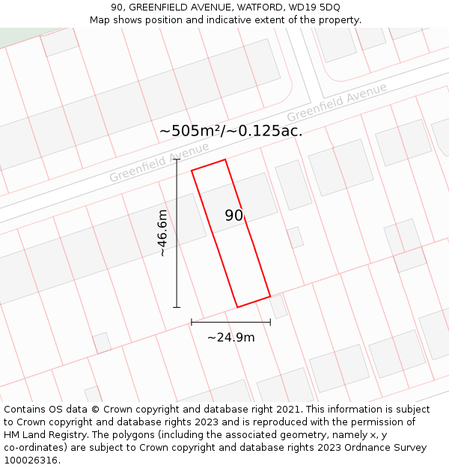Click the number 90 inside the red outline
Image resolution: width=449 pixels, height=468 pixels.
(x=234, y=216)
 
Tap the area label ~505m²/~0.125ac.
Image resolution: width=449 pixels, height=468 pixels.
(x=230, y=130)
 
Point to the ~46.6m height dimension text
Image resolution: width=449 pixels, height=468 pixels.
(x=162, y=234)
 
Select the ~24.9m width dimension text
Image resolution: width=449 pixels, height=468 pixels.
(x=230, y=337)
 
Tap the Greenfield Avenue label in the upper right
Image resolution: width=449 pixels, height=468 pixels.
(x=337, y=103)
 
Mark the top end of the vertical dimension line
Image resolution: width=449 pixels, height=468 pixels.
(x=177, y=159)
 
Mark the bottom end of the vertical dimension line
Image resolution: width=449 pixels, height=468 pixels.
(x=177, y=307)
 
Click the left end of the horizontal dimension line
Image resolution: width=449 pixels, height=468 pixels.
(x=192, y=322)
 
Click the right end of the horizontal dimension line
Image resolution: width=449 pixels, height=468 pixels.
(x=270, y=322)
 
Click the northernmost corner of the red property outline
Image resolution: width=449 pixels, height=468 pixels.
(x=224, y=159)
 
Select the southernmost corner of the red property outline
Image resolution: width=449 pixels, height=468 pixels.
(x=238, y=307)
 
